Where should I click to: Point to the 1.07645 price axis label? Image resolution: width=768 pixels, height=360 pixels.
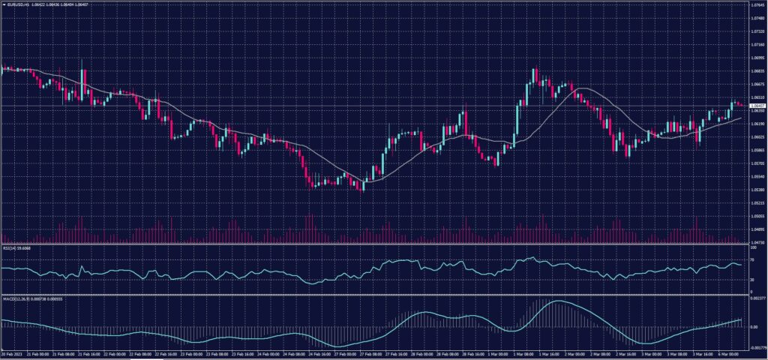coord(756,4)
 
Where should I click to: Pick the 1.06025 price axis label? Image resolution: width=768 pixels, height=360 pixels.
coord(756,137)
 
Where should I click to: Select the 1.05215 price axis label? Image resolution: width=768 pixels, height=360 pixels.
coord(756,203)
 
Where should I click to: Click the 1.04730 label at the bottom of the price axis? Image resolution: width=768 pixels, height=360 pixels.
coord(756,242)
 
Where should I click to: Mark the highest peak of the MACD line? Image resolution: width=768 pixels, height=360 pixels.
coord(555,301)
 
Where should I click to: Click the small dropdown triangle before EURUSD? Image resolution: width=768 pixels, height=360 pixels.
coord(4,4)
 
